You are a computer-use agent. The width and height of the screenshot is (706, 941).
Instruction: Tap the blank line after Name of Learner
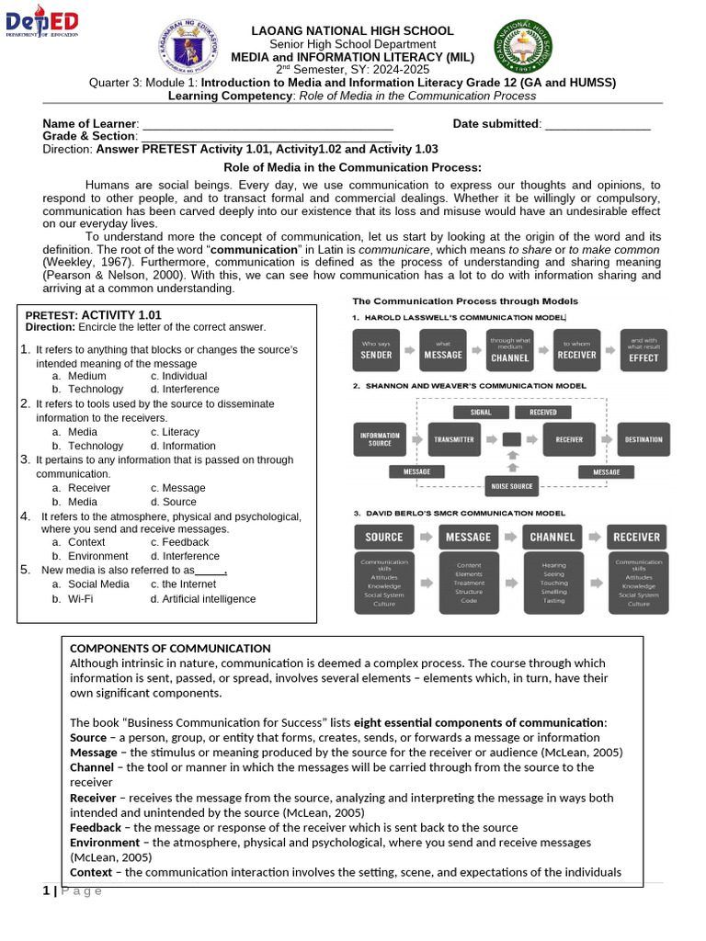tap(267, 124)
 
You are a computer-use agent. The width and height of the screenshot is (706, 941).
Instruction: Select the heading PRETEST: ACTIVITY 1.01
tap(93, 314)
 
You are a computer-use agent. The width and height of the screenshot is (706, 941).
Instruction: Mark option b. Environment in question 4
tap(90, 556)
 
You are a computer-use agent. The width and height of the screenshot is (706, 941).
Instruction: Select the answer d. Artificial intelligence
tap(203, 599)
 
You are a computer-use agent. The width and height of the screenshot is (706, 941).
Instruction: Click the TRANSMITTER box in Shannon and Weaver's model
tap(454, 439)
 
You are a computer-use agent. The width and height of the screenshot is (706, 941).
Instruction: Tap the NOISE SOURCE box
tap(512, 486)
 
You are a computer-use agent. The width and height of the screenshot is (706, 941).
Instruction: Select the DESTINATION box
tap(643, 439)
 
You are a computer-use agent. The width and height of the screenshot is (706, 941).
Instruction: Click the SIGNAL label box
tap(481, 413)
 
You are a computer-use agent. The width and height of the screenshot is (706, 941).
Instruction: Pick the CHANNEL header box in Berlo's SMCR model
tap(552, 537)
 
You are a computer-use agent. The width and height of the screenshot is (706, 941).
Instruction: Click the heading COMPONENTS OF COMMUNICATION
tap(170, 649)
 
